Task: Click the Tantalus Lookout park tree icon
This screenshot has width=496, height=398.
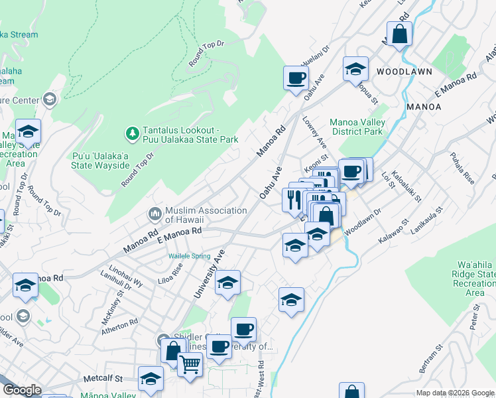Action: coord(132,134)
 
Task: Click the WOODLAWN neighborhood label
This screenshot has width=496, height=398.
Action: coord(404,71)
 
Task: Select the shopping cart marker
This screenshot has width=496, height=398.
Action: coord(190,364)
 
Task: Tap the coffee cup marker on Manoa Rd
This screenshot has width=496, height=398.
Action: coord(296,78)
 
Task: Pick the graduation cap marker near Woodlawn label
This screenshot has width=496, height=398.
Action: coord(355,69)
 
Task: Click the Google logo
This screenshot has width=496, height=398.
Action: coord(22,390)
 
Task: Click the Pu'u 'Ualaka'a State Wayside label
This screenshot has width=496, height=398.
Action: coord(101,160)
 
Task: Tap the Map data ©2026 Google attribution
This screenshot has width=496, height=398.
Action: coord(455,393)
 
